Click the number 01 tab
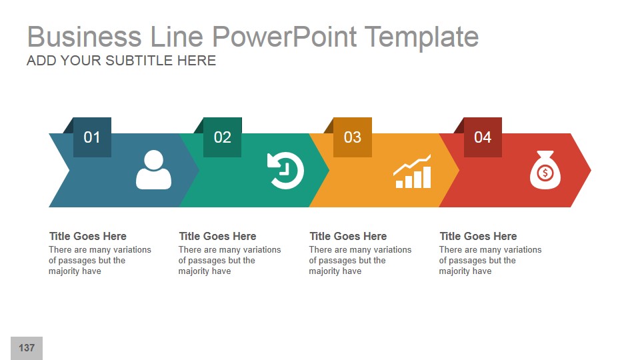coord(92,137)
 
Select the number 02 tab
coord(222,137)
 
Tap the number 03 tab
coord(352,137)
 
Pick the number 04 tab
coord(482,137)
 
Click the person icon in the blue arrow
coord(153,170)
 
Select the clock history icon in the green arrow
coord(285,171)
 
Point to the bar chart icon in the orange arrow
coord(413,172)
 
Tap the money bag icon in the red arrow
coord(545,170)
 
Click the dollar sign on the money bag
coord(545,174)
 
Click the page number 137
coord(27,348)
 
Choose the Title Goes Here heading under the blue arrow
coord(87,236)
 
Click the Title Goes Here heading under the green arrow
coord(217,236)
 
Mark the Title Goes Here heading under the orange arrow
coord(348,236)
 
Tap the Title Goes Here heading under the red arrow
coord(478,236)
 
